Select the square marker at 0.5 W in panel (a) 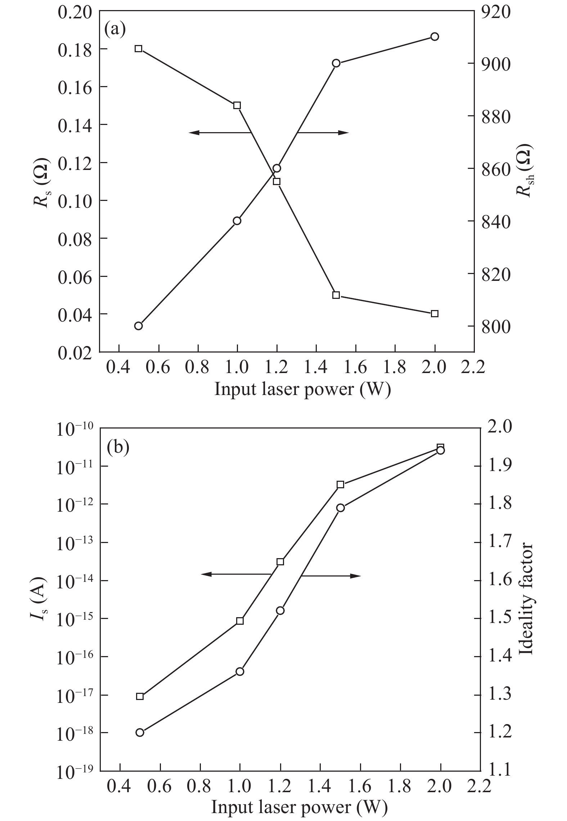[x=139, y=49]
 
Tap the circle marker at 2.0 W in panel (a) [x=435, y=37]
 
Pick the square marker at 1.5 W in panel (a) [x=336, y=295]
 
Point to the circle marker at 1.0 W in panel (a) [x=237, y=221]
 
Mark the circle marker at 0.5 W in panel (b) [x=140, y=732]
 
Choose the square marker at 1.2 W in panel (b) [x=280, y=562]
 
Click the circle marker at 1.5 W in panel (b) [x=341, y=508]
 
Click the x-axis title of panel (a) [x=302, y=389]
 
